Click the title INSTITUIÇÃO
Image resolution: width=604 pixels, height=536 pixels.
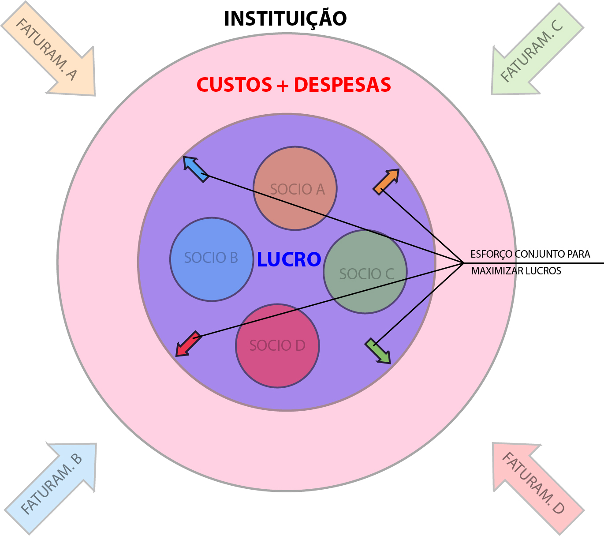pos(285,19)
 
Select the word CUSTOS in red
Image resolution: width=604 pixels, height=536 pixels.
pos(234,85)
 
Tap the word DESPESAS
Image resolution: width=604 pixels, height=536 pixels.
pos(342,85)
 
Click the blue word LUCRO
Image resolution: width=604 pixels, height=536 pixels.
pos(289,259)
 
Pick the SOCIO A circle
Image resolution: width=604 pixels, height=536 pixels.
pos(295,188)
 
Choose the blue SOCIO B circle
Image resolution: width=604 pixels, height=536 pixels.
pos(212,259)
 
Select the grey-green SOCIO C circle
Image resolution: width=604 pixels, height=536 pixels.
pos(365,272)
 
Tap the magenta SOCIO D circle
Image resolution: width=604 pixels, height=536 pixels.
pos(277,345)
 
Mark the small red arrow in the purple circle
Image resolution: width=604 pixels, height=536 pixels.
pos(188,344)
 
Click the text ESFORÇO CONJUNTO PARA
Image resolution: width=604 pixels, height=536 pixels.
pos(530,254)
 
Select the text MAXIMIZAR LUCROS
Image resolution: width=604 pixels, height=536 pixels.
pos(516,271)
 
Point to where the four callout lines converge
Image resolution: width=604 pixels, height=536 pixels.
pos(463,263)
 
